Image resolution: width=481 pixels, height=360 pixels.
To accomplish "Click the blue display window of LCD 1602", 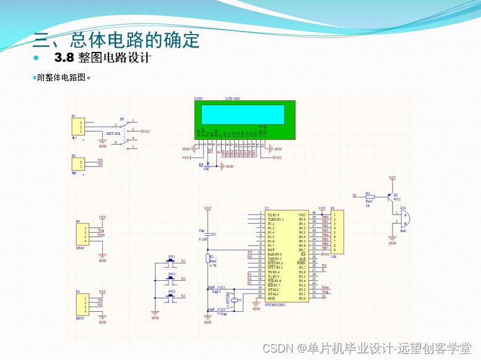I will pyautogui.click(x=240, y=114).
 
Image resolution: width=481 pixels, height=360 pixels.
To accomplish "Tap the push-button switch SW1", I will pyautogui.click(x=172, y=261).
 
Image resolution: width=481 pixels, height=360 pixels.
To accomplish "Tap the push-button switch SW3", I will pyautogui.click(x=172, y=296).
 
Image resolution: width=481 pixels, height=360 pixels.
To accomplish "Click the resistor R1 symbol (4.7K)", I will pyautogui.click(x=208, y=259).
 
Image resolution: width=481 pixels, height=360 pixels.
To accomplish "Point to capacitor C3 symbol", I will pyautogui.click(x=208, y=234).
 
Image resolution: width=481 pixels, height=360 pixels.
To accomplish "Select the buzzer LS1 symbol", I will pyautogui.click(x=403, y=217).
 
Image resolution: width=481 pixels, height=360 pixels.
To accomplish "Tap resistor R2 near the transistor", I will pyautogui.click(x=369, y=195).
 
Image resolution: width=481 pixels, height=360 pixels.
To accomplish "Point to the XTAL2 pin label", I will pyautogui.click(x=273, y=289).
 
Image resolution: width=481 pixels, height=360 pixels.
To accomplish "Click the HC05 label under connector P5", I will pyautogui.click(x=79, y=317).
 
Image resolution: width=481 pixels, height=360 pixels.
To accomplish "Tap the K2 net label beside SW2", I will pyautogui.click(x=183, y=279).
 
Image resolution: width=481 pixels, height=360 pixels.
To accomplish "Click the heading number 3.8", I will pyautogui.click(x=64, y=58).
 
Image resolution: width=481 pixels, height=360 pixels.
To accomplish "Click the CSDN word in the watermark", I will pyautogui.click(x=277, y=348).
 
